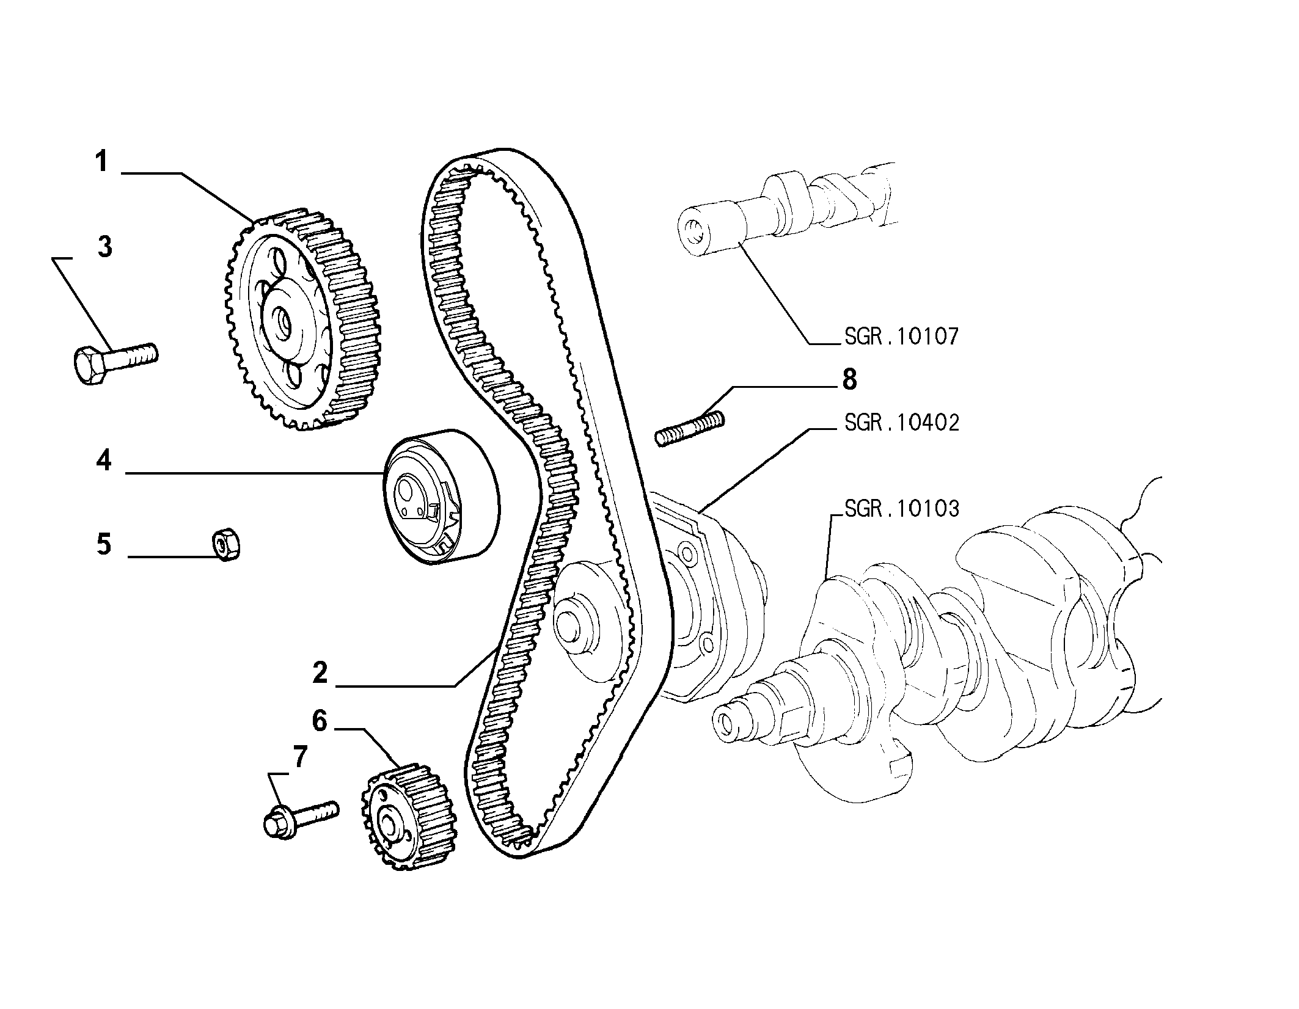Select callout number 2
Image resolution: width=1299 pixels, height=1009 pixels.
pos(320,673)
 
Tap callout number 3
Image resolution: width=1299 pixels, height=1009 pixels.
pos(105,248)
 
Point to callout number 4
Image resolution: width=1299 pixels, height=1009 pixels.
pos(104,460)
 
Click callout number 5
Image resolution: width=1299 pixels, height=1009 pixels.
pos(104,544)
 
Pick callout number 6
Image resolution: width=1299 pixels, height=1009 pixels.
pos(320,721)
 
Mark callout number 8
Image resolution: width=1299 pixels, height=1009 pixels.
pos(849,380)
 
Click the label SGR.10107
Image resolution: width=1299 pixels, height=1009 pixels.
pos(901,337)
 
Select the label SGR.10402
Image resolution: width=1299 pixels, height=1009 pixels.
pos(901,423)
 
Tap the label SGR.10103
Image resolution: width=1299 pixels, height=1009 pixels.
pos(901,508)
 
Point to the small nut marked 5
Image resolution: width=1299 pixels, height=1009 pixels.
pos(226,544)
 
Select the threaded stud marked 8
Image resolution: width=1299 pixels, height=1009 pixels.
pos(689,428)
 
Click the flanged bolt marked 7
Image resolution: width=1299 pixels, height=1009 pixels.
pos(299,819)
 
